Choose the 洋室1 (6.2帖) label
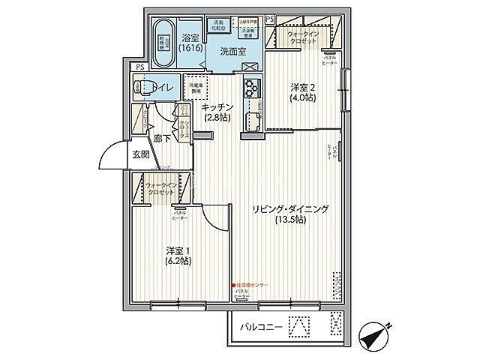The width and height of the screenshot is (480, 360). (x=178, y=256)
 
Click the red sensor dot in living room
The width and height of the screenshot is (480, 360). (x=233, y=285)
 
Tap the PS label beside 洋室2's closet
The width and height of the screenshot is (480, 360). (x=268, y=18)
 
